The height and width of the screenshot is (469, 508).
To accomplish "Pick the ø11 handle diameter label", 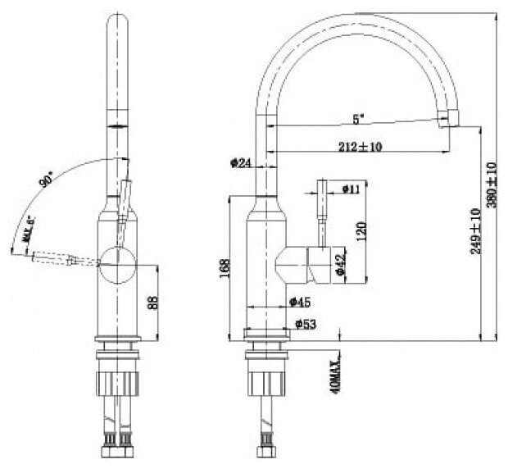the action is tap(351, 189).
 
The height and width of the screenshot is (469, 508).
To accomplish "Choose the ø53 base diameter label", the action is tap(305, 325).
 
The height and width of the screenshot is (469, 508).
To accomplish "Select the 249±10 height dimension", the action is tap(476, 233).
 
